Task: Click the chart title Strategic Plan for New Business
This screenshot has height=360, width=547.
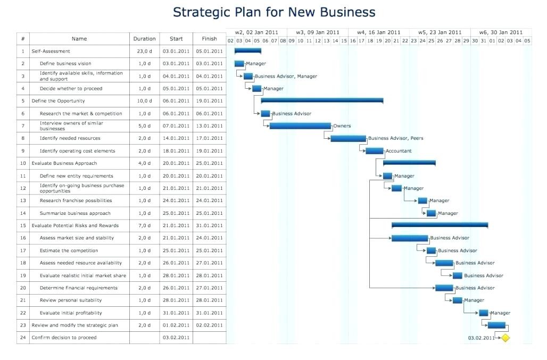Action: pos(274,12)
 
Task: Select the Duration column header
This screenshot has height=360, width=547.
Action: pos(144,39)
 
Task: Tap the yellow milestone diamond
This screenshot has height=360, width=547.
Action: pos(505,338)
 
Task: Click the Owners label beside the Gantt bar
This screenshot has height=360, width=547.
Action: pos(342,126)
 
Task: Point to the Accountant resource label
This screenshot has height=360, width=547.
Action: pos(399,151)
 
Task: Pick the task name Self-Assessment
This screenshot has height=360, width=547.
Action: pos(51,51)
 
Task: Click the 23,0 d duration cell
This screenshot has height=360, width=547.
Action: pos(144,51)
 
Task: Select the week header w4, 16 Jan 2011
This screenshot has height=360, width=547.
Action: pos(378,32)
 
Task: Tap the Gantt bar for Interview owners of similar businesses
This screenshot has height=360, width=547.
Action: pos(300,126)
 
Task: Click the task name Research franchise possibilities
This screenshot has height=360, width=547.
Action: pos(76,200)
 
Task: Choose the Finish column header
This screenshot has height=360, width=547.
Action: pos(209,39)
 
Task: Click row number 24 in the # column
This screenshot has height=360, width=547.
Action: pos(23,338)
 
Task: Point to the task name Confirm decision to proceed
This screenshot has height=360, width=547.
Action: pos(64,338)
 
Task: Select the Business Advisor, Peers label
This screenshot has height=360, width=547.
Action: pos(396,138)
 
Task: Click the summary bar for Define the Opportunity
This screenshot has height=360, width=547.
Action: pos(322,100)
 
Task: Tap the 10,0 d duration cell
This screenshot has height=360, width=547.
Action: pos(144,101)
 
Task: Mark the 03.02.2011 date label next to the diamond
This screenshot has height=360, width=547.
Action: pos(481,338)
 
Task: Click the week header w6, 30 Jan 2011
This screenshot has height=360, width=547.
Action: pos(501,32)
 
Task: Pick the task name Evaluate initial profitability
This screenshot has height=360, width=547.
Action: pos(71,313)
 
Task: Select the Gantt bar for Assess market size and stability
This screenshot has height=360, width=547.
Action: pos(409,238)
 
